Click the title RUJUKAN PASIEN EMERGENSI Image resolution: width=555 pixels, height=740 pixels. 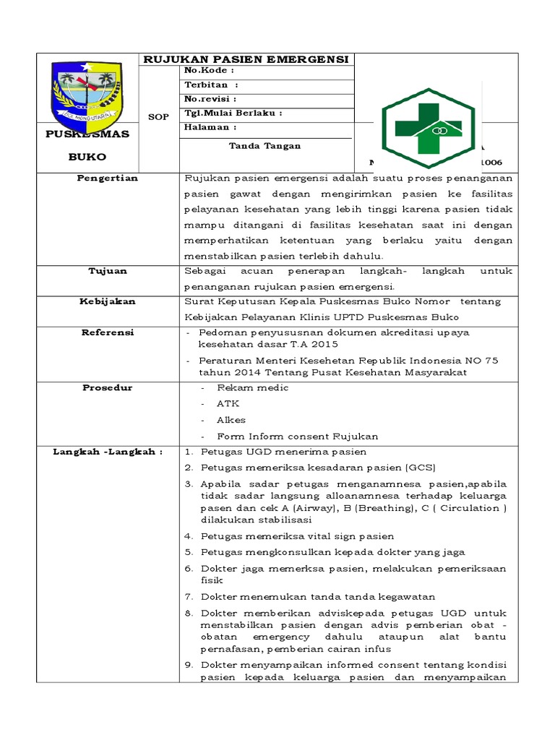click(246, 59)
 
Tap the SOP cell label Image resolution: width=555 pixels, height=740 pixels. click(158, 116)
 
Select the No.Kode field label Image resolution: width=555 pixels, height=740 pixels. click(210, 71)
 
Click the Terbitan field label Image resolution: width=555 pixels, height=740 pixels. click(211, 85)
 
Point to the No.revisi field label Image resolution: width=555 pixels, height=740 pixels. click(211, 99)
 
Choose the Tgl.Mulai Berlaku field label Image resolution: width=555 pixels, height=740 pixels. click(233, 113)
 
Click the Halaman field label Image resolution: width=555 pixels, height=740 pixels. click(211, 127)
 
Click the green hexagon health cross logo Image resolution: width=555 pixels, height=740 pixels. click(429, 129)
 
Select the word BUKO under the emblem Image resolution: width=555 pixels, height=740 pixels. click(87, 156)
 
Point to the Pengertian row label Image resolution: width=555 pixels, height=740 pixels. click(108, 178)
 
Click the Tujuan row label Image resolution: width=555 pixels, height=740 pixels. click(108, 271)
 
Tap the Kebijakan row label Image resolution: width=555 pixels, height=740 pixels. click(108, 301)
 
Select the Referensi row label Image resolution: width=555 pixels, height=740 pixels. click(108, 332)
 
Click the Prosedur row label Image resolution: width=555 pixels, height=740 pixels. click(108, 388)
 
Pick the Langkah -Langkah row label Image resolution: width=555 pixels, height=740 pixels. click(108, 452)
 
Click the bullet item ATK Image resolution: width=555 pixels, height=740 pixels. click(228, 404)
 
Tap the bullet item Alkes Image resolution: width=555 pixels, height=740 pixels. click(231, 420)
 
